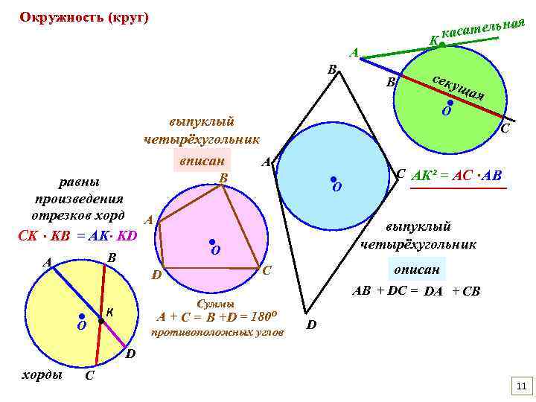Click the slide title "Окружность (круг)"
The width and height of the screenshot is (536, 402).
(x=84, y=17)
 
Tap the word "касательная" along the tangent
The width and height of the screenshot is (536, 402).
(x=483, y=28)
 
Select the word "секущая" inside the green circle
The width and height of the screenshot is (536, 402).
(x=459, y=87)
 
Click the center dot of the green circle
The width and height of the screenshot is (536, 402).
(x=450, y=103)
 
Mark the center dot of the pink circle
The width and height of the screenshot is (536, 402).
(x=212, y=242)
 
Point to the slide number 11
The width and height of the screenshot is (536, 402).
(x=520, y=385)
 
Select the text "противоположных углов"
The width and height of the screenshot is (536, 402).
(x=217, y=332)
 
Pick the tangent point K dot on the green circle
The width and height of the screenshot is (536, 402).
(x=441, y=45)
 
